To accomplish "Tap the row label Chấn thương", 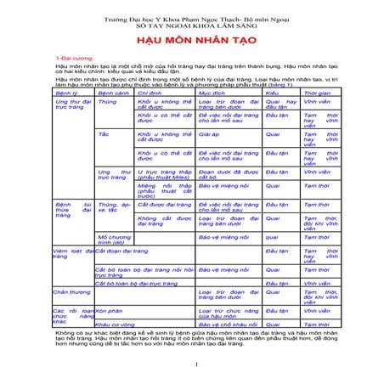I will coord(73,291).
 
